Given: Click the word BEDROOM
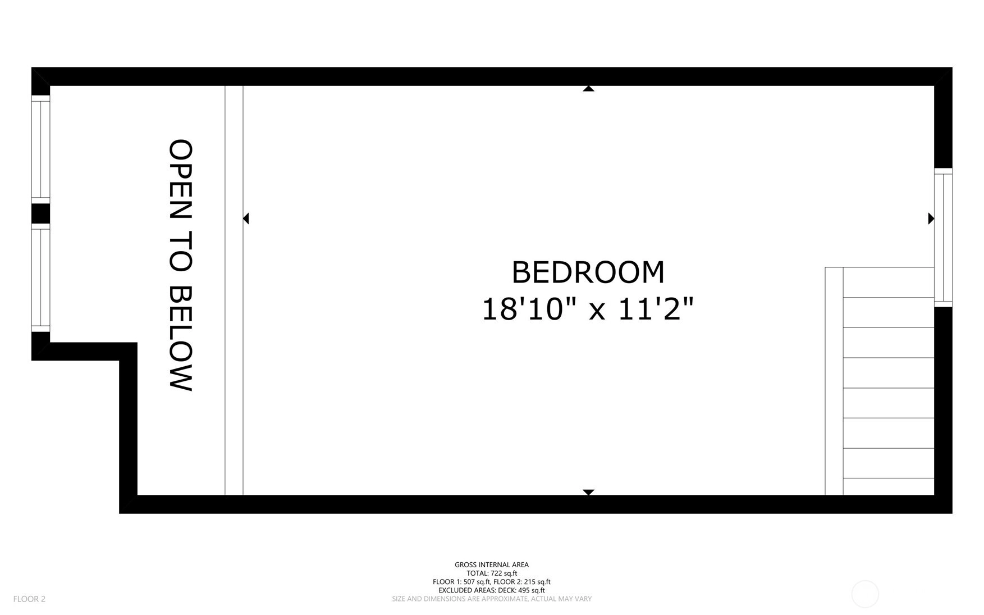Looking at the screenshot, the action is tap(588, 272).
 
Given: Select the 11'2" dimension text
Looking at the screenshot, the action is tap(656, 309).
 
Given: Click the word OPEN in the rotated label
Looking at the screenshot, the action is tap(181, 179).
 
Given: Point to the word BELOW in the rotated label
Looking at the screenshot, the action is tap(181, 338).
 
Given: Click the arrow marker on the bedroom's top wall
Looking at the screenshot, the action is tap(588, 88).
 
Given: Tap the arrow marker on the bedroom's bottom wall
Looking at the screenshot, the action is tap(588, 492).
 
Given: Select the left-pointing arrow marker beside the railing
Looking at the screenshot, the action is tap(246, 218).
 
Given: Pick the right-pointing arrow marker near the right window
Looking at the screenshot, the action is tap(931, 218).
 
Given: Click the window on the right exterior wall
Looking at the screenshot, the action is tap(943, 238).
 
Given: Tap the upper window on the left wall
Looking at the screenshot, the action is tap(40, 149).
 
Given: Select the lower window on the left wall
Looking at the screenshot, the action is tap(40, 278).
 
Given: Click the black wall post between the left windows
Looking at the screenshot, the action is tap(40, 213).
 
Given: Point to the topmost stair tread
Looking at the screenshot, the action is tap(889, 283).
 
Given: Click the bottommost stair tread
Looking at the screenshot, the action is tap(889, 486).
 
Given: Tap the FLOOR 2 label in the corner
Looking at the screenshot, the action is tap(29, 599).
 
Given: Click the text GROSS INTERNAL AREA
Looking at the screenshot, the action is tap(492, 565).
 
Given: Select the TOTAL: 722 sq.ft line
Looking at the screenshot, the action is tap(492, 573).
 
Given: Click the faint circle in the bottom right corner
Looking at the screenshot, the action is tap(865, 581).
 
